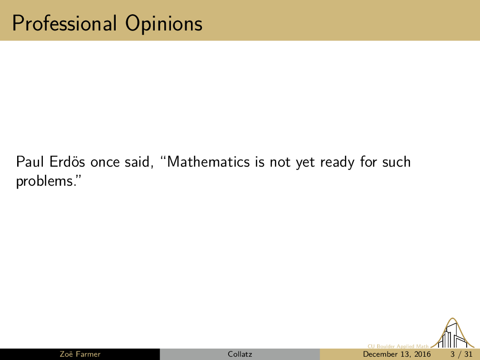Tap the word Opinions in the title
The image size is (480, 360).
164,24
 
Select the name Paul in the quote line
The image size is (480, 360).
30,161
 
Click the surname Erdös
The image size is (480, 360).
67,161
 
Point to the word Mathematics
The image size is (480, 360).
208,161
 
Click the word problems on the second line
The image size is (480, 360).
44,181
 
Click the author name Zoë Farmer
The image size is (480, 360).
80,354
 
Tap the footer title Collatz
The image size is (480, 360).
240,354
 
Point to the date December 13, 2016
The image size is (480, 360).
397,354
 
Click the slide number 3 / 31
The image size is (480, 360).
461,354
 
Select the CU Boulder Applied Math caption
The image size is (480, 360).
398,346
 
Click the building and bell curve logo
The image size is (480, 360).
452,333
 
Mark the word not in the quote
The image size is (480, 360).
280,162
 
